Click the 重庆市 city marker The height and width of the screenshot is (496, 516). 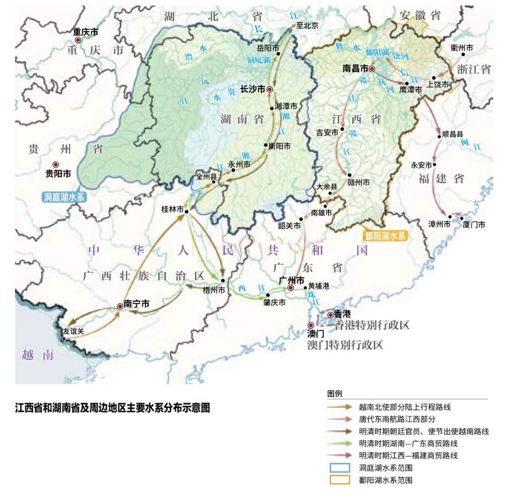point(78,40)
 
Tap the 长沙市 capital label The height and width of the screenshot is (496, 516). point(252,89)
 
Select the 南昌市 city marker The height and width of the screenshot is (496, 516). point(372,69)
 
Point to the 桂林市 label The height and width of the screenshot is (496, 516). point(172,210)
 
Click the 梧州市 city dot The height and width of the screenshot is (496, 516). point(223,280)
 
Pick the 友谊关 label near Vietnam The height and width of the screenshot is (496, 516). point(74,331)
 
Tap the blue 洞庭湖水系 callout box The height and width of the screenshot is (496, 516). point(64,197)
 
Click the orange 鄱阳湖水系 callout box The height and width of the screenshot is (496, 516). point(385,236)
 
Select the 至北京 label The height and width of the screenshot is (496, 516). point(307,26)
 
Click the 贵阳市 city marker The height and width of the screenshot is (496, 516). point(56,164)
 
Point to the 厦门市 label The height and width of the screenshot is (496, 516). point(474,225)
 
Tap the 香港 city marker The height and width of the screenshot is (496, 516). point(330,315)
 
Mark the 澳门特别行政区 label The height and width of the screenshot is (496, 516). point(345,345)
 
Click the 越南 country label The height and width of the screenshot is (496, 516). point(38,355)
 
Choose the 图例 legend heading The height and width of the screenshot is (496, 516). point(335,394)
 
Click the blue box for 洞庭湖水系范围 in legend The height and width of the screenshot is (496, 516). point(340,468)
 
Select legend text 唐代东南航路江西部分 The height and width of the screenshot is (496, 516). point(397,419)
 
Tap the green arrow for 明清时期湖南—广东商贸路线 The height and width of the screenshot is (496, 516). point(340,443)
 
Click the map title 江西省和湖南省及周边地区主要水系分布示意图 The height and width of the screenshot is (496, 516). point(112,408)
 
